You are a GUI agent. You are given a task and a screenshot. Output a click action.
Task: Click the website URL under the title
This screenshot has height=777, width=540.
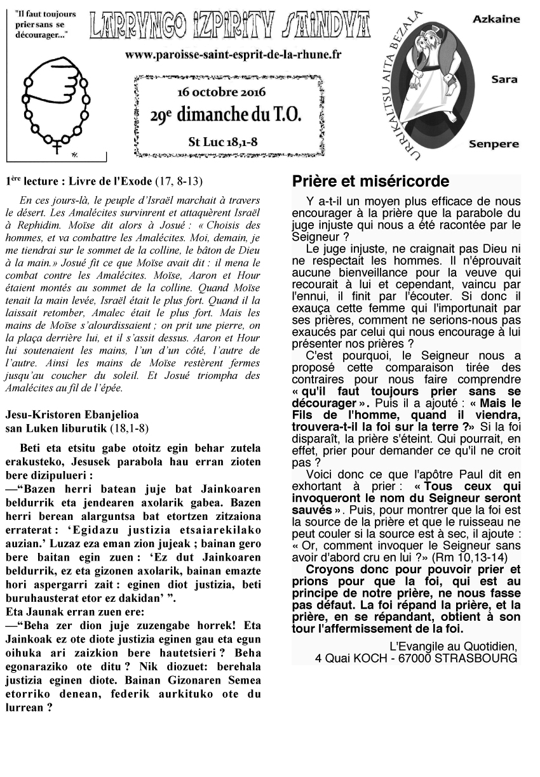pyautogui.click(x=233, y=55)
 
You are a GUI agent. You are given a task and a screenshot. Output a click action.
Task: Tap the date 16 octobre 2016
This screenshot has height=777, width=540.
pyautogui.click(x=222, y=92)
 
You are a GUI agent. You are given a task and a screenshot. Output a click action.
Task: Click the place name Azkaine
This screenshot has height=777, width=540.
pyautogui.click(x=496, y=20)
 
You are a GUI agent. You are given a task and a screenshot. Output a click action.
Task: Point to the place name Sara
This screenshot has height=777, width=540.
pyautogui.click(x=504, y=80)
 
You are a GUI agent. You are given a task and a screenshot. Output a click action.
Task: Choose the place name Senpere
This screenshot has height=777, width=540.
pyautogui.click(x=494, y=144)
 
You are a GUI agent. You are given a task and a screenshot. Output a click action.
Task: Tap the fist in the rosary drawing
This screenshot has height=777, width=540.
pyautogui.click(x=60, y=81)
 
